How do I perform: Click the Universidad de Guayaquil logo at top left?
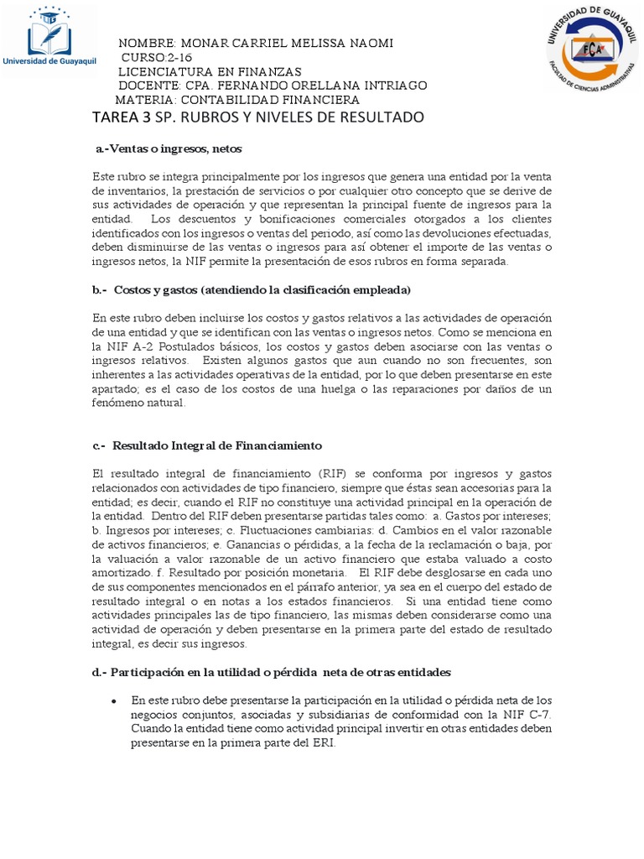50,39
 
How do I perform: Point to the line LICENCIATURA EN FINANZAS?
210,71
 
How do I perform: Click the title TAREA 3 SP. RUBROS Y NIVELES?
258,117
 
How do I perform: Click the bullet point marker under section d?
113,700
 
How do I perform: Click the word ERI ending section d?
323,743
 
